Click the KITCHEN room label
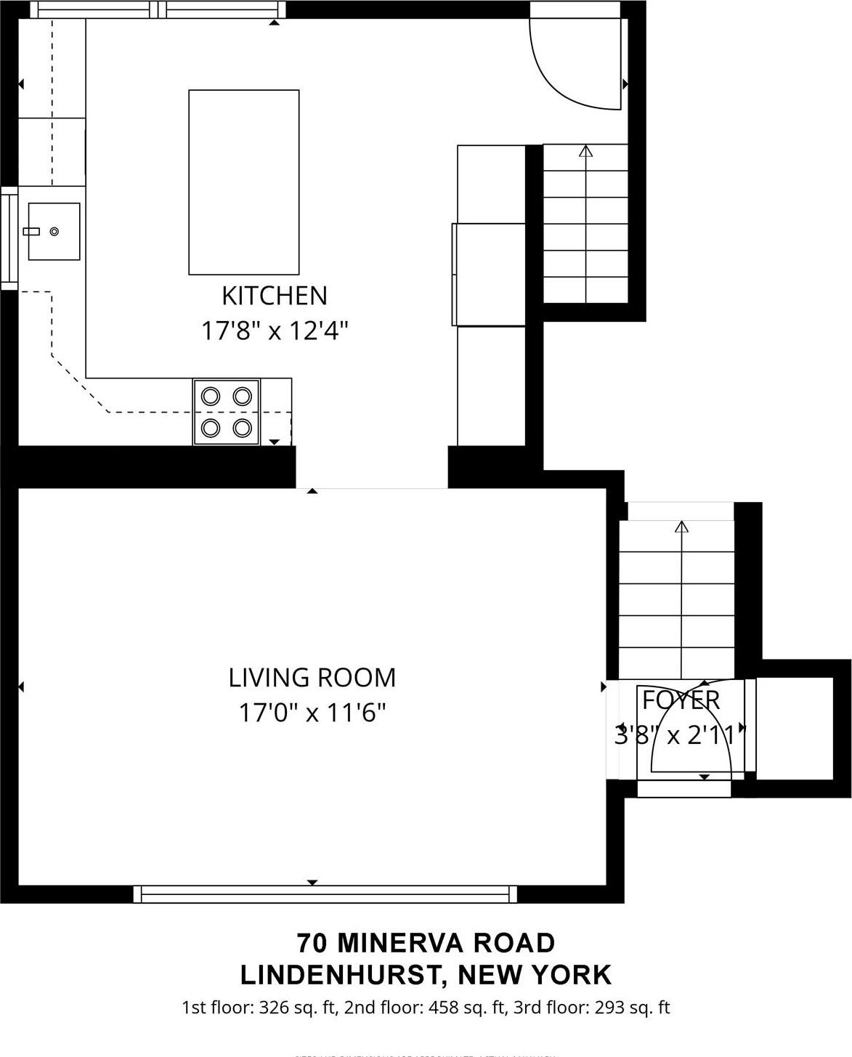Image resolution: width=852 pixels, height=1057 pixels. (x=274, y=296)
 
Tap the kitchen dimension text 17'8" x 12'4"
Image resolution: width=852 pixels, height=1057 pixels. (x=274, y=331)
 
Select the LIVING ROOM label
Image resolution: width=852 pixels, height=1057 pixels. (x=312, y=678)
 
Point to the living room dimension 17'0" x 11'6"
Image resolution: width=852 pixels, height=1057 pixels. (x=312, y=713)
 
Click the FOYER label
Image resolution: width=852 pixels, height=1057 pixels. (x=681, y=700)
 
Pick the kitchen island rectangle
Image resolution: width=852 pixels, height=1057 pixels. (x=243, y=182)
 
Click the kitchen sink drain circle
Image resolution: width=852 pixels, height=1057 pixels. (x=54, y=232)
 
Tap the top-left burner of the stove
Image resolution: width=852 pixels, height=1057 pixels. (x=211, y=396)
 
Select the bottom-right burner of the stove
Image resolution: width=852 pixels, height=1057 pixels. (x=242, y=427)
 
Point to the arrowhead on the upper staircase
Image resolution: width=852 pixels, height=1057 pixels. (x=585, y=151)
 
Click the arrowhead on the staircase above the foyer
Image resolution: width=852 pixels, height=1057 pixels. (x=681, y=527)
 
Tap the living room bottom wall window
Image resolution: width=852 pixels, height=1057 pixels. (x=325, y=894)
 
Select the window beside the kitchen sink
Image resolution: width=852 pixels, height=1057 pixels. (x=9, y=238)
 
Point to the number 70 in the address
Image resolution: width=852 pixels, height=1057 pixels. (x=310, y=943)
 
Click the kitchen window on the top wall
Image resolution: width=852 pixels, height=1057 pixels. (x=158, y=9)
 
